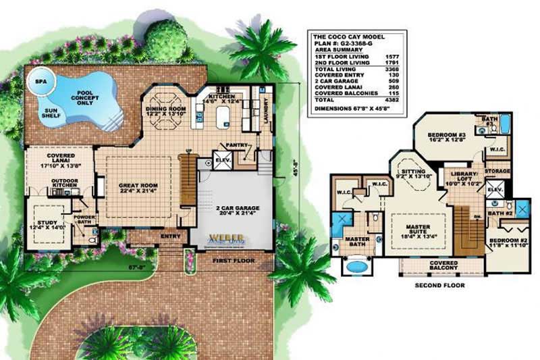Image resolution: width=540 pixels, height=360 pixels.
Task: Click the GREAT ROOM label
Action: pyautogui.click(x=138, y=188)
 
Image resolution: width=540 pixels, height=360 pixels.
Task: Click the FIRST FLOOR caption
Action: pyautogui.click(x=230, y=259)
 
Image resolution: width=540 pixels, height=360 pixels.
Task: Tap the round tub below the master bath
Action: pyautogui.click(x=353, y=267)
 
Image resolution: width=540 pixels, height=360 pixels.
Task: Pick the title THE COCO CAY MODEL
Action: pyautogui.click(x=347, y=36)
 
